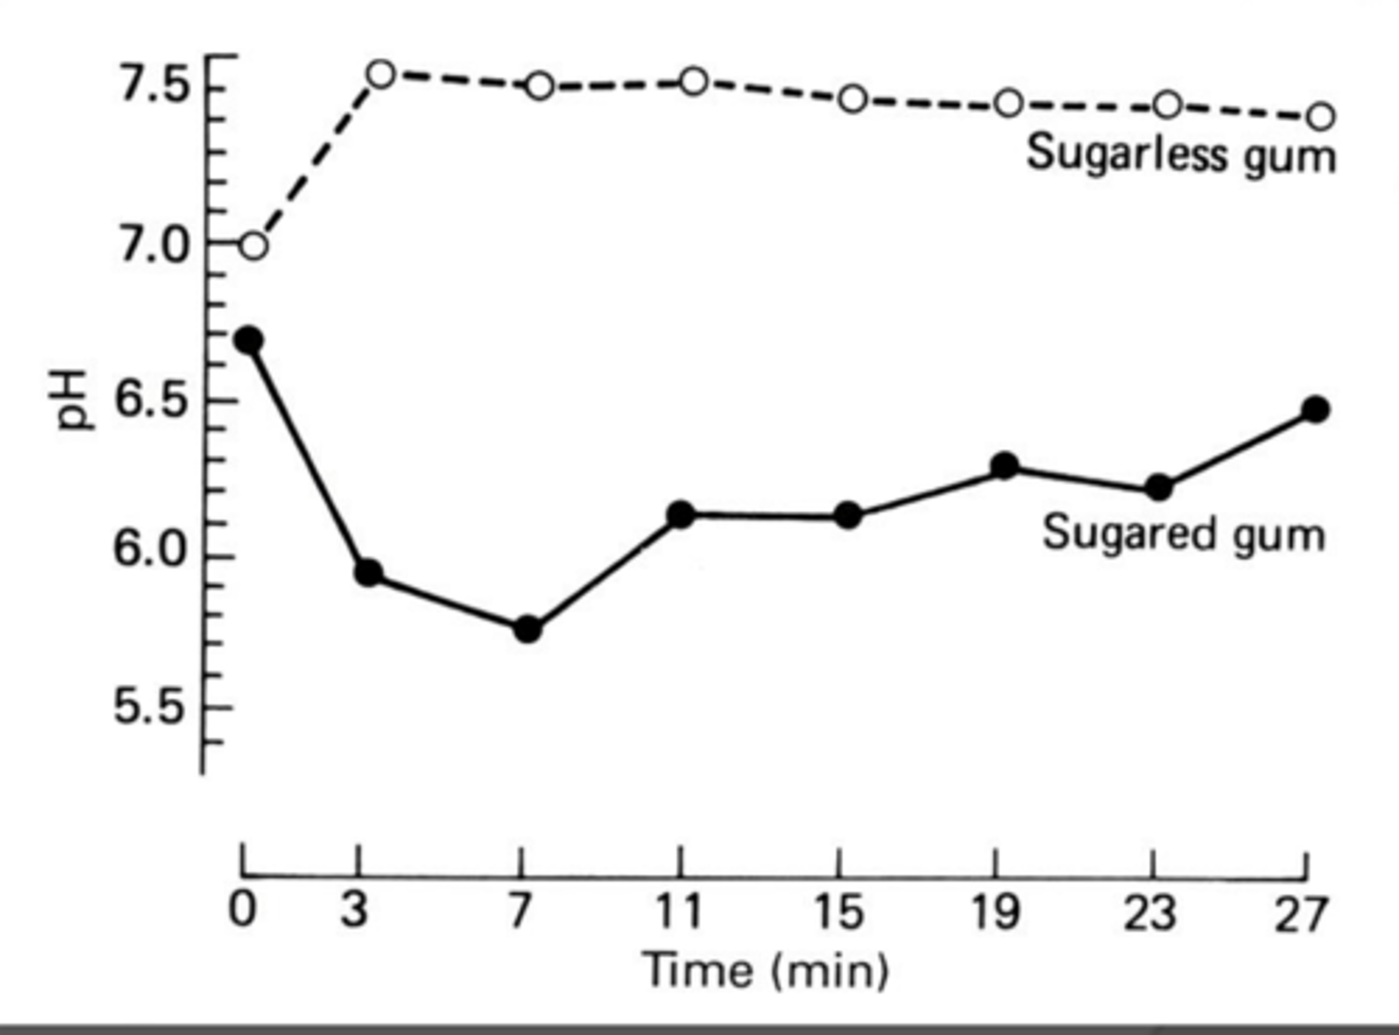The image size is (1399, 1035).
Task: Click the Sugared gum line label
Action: click(1183, 535)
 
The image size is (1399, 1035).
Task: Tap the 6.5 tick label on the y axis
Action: click(151, 400)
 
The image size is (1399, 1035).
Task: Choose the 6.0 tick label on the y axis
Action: click(151, 550)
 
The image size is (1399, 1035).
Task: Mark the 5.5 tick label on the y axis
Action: click(151, 707)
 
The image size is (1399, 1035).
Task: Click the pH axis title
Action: click(73, 399)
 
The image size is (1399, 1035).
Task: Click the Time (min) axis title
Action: click(766, 971)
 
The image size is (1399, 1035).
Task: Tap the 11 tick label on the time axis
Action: click(678, 912)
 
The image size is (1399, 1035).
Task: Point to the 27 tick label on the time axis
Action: click(1301, 914)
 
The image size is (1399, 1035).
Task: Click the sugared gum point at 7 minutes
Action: click(528, 630)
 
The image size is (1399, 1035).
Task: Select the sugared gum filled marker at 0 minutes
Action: click(249, 340)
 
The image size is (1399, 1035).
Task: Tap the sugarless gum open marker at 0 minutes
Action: click(253, 246)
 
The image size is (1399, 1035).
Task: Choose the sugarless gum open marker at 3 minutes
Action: click(381, 74)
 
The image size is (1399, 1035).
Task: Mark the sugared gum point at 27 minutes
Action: click(1315, 409)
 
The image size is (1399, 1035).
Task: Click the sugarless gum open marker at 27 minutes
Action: click(1320, 117)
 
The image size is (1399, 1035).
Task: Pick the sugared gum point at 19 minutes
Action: click(1006, 466)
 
